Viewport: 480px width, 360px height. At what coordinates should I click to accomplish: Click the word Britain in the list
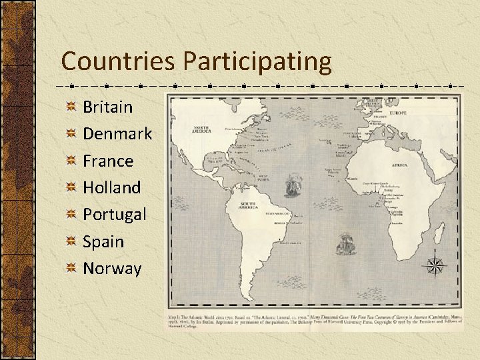click(107, 107)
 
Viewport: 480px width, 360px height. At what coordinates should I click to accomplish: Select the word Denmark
click(117, 133)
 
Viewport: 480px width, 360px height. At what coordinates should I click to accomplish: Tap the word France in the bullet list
click(108, 161)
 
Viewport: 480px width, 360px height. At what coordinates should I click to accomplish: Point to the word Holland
click(111, 187)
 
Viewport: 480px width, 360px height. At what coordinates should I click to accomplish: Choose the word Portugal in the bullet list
click(115, 215)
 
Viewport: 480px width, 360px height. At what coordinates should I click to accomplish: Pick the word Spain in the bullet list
click(103, 241)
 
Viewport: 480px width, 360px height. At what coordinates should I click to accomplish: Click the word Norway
click(112, 269)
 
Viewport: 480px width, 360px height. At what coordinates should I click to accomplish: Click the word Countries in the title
click(119, 61)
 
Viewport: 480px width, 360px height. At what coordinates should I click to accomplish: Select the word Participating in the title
click(257, 61)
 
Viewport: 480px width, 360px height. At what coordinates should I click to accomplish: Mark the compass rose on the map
click(436, 265)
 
